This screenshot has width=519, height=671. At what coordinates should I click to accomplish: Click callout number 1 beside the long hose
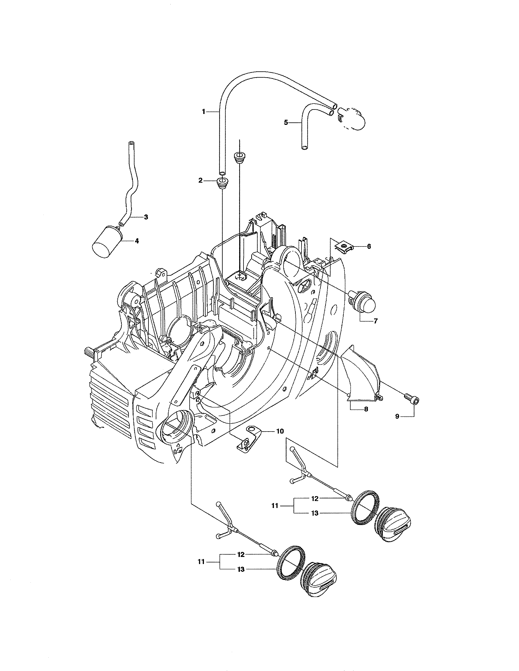(203, 112)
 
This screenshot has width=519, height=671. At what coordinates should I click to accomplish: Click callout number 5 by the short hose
(286, 123)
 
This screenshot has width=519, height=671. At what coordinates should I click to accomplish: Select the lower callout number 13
(241, 569)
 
